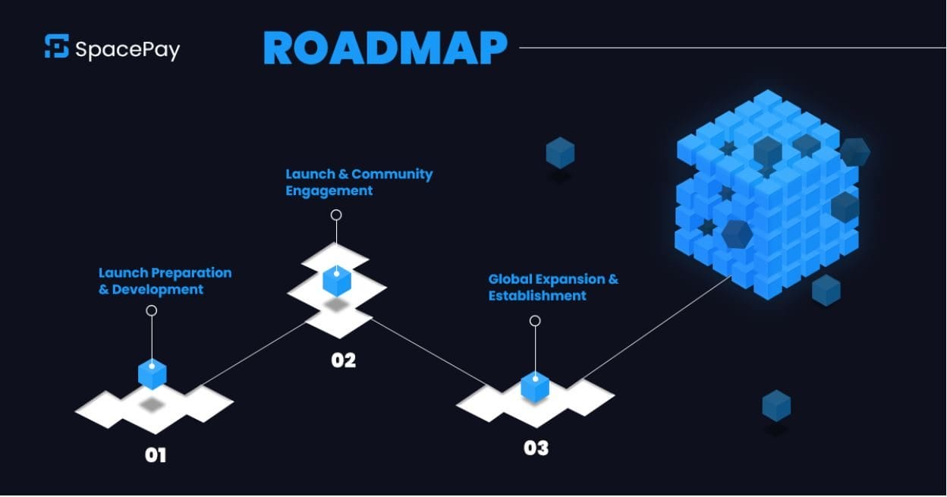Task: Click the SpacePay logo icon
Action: [x=57, y=46]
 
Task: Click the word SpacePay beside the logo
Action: [x=127, y=49]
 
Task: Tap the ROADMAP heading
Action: [x=385, y=49]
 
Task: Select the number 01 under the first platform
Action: [x=156, y=455]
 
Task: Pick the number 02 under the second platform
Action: [x=343, y=360]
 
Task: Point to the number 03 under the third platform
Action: [x=536, y=448]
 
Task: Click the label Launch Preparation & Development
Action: [x=165, y=281]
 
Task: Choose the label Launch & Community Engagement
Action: [x=358, y=182]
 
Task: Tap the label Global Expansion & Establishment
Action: [x=552, y=287]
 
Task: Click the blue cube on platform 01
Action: [x=153, y=373]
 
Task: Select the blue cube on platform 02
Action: [x=336, y=280]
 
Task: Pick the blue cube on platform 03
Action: [x=535, y=385]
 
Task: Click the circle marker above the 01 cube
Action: [x=152, y=310]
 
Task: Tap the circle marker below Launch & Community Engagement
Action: [x=336, y=215]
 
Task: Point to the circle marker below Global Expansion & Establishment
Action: [x=535, y=321]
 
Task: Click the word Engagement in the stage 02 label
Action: [x=329, y=190]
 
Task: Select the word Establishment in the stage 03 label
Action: [x=536, y=295]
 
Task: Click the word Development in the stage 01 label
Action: [x=158, y=290]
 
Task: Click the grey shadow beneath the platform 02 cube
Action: [x=336, y=304]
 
